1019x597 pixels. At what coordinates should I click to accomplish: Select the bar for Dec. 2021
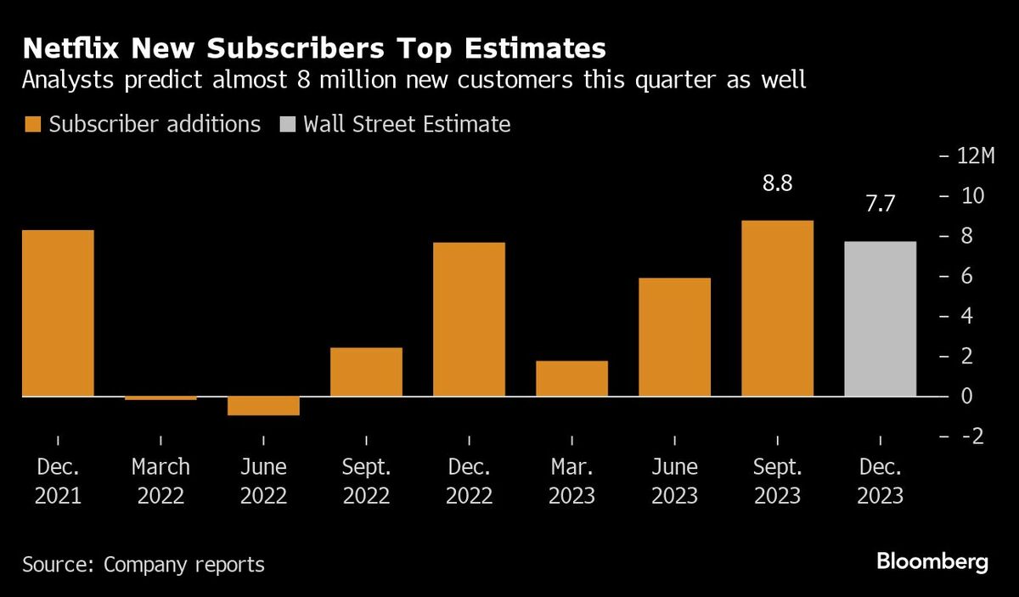58,313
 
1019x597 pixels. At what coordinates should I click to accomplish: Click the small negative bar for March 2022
160,397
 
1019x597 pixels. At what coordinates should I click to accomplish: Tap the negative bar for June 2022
263,406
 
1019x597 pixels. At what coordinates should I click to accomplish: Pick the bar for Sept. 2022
366,372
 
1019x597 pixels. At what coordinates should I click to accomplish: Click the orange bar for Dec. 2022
469,319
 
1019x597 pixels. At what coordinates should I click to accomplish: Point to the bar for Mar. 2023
571,379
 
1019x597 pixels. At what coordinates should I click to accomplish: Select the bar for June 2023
674,337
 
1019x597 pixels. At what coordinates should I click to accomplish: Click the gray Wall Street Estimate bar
881,319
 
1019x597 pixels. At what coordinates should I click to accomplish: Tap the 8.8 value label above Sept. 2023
777,183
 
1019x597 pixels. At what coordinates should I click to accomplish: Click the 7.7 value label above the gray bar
881,204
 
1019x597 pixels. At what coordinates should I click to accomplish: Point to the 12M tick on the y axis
976,156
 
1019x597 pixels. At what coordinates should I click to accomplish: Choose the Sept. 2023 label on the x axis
777,481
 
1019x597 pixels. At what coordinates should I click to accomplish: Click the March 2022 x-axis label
160,481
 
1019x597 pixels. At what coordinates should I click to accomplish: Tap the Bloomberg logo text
932,561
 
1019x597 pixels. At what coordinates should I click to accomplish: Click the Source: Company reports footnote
144,564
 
